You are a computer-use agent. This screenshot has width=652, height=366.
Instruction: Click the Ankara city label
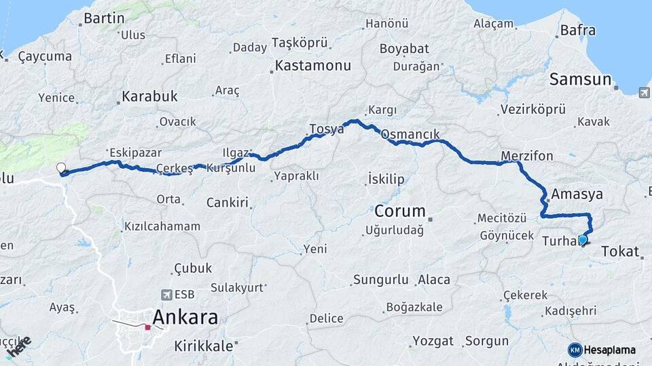[185, 317]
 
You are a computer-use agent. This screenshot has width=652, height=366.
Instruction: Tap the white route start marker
[61, 168]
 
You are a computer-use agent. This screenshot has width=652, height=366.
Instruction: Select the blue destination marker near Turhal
[582, 240]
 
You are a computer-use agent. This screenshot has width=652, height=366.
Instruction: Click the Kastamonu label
[312, 66]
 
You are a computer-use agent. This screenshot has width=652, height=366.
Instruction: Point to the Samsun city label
[580, 79]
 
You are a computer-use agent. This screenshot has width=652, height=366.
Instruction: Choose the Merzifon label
[526, 156]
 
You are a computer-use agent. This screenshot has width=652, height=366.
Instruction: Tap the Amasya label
[577, 194]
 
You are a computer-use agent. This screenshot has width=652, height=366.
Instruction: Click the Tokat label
[620, 252]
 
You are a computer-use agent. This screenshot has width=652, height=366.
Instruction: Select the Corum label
[400, 210]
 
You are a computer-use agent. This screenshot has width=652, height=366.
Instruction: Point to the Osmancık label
[410, 134]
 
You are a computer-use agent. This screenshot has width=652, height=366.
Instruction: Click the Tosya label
[326, 129]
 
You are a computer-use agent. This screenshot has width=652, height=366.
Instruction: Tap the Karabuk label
[149, 96]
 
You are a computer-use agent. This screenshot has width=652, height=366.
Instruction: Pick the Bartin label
[104, 18]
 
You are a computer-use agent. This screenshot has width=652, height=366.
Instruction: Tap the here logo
[18, 346]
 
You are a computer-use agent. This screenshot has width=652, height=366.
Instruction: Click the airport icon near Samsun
[643, 92]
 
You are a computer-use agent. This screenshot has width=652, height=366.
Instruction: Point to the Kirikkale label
[203, 345]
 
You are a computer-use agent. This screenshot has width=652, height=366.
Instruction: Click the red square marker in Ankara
[147, 327]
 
